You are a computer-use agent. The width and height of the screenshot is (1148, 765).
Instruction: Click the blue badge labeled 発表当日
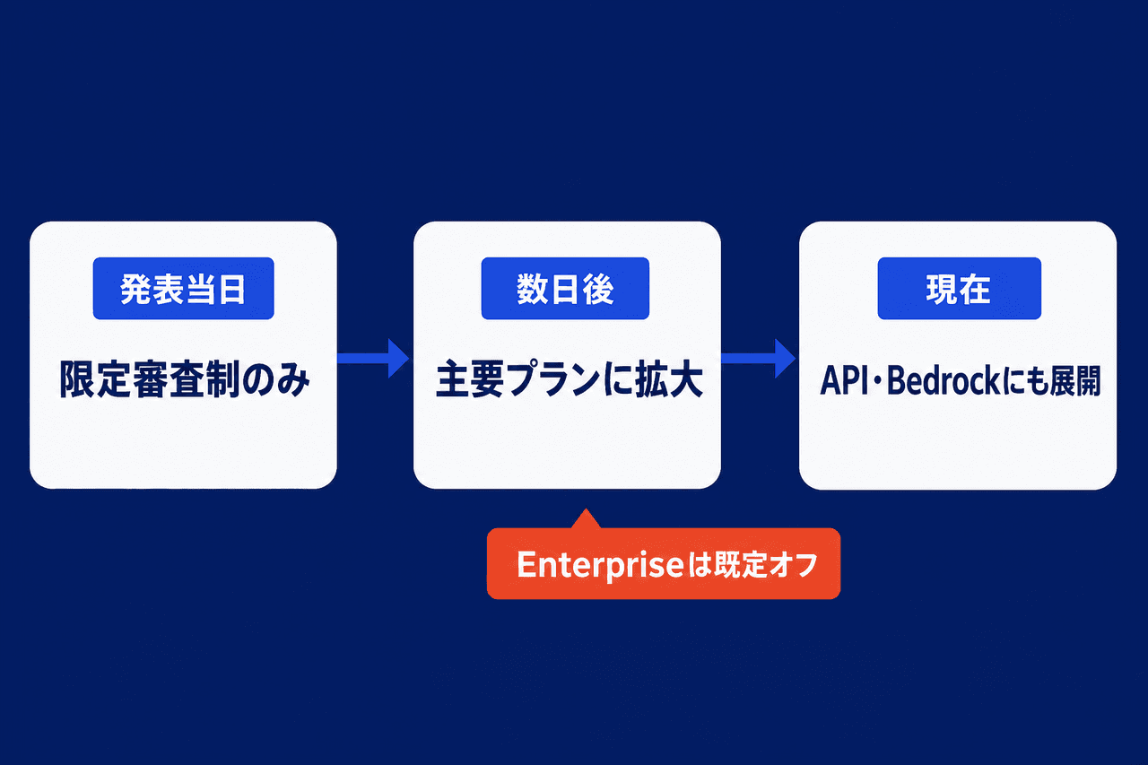coord(184,289)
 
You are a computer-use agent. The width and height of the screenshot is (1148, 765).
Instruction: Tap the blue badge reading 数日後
coord(565,289)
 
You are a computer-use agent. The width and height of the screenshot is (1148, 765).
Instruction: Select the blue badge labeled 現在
coord(960,289)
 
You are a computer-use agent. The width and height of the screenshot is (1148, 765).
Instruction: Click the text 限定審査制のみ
coord(185,379)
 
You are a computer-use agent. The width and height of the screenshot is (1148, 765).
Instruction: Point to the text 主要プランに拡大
coord(569,379)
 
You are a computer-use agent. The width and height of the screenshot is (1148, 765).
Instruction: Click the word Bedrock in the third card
coord(943,381)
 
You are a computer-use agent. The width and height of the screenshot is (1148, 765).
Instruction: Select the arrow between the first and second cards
coord(373,358)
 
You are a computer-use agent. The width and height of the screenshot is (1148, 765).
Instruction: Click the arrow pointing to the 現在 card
coord(759,358)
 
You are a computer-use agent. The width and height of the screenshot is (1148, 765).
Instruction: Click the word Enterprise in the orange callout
coord(600,565)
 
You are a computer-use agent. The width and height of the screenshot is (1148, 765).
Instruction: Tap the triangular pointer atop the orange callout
coord(586,518)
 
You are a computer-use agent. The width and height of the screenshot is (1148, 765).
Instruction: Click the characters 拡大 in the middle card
coord(669,379)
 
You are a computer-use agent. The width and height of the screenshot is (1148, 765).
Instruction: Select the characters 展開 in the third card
coord(1075,381)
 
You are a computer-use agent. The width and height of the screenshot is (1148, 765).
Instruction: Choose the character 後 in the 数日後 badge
coord(598,290)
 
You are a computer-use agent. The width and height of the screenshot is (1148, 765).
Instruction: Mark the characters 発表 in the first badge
coord(152,290)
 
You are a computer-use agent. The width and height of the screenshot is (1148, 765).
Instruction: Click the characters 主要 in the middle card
coord(469,379)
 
